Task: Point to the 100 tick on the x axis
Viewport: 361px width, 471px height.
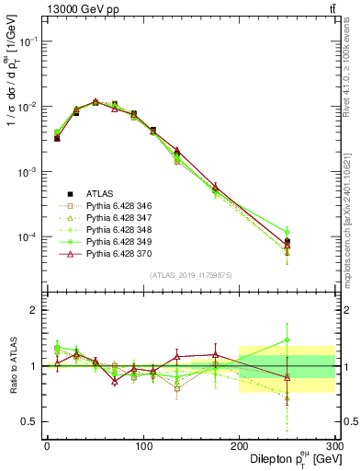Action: point(142,446)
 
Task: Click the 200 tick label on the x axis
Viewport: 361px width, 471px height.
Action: point(239,446)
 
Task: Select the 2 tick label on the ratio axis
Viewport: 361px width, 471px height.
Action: point(33,310)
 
